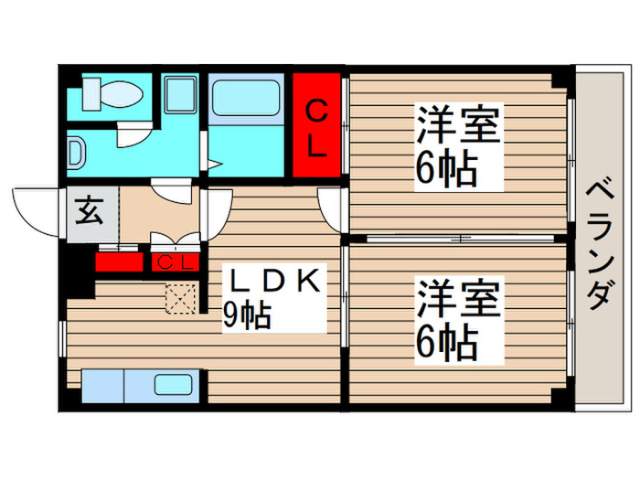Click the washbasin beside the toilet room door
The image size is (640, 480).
[x=76, y=150]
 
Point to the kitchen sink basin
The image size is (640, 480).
[x=174, y=385]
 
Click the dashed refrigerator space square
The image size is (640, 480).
[x=180, y=299]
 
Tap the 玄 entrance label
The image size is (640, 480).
[x=88, y=212]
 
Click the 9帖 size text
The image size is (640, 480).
[x=247, y=315]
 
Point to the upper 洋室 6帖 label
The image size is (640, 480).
[x=459, y=145]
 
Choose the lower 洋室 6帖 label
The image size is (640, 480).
[x=459, y=321]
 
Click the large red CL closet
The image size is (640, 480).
[x=316, y=128]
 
